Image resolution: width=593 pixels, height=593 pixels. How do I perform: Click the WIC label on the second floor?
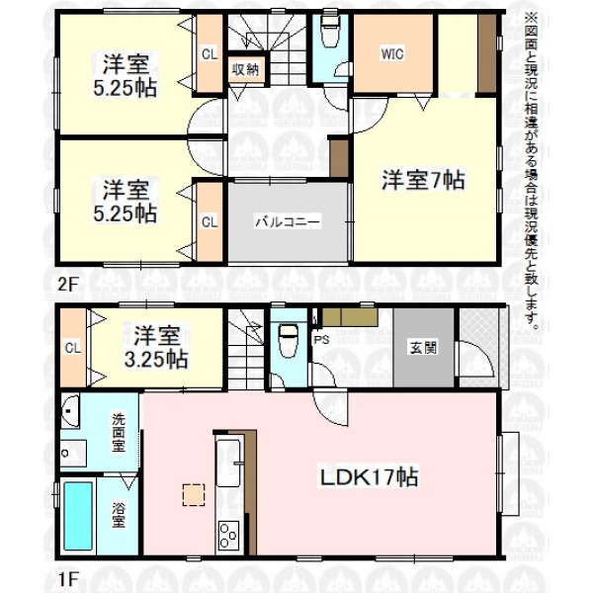tap(392, 54)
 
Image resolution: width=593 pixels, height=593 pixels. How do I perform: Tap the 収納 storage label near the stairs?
tap(245, 69)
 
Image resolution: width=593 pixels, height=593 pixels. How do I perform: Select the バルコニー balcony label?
tap(288, 221)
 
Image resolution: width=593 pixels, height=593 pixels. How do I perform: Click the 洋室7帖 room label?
tap(423, 180)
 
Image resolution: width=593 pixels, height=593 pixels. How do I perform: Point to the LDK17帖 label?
tap(369, 477)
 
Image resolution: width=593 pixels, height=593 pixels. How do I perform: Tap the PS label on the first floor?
tap(321, 339)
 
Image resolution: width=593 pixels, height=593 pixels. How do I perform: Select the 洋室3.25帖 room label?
tap(156, 347)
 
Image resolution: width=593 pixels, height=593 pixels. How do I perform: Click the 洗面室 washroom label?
tap(118, 432)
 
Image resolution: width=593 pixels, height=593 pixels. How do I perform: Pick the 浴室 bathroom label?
tap(118, 515)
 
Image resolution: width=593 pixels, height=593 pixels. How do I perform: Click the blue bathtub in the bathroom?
tap(78, 516)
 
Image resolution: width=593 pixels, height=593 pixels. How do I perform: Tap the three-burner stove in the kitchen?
tap(228, 536)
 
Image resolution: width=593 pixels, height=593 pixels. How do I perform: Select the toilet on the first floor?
tap(289, 340)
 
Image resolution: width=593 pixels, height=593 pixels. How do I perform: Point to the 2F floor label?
tap(67, 285)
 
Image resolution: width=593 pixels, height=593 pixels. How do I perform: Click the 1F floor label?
tap(67, 578)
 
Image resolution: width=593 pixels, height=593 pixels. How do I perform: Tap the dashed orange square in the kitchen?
tap(194, 495)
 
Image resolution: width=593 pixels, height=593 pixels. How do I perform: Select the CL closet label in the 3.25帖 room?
tap(72, 348)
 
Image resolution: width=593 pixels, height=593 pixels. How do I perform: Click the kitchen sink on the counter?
tap(228, 463)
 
